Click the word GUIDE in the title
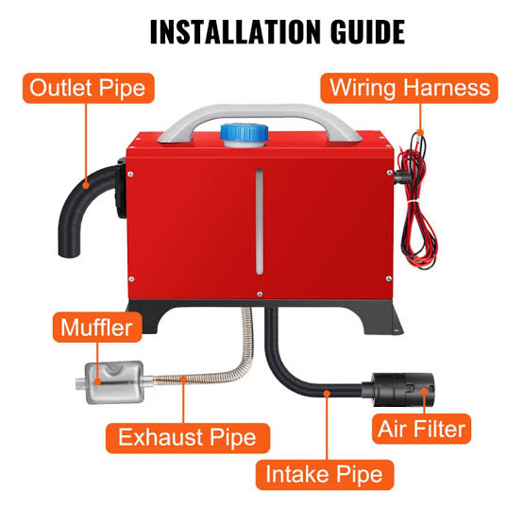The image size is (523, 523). (368, 32)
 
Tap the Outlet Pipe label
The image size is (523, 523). (89, 88)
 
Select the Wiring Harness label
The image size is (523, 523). (410, 88)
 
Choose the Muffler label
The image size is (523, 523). (97, 328)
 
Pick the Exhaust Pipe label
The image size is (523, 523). (188, 438)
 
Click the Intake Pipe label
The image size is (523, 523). (325, 475)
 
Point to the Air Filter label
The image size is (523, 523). (421, 429)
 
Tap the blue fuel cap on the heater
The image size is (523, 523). (245, 135)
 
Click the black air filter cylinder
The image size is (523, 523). (403, 390)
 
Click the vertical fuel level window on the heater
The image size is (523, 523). (260, 222)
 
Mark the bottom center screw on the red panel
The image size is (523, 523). (260, 295)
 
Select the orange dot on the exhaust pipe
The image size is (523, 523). (183, 380)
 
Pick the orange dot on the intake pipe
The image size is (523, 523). (327, 394)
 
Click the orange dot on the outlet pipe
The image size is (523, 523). (86, 185)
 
